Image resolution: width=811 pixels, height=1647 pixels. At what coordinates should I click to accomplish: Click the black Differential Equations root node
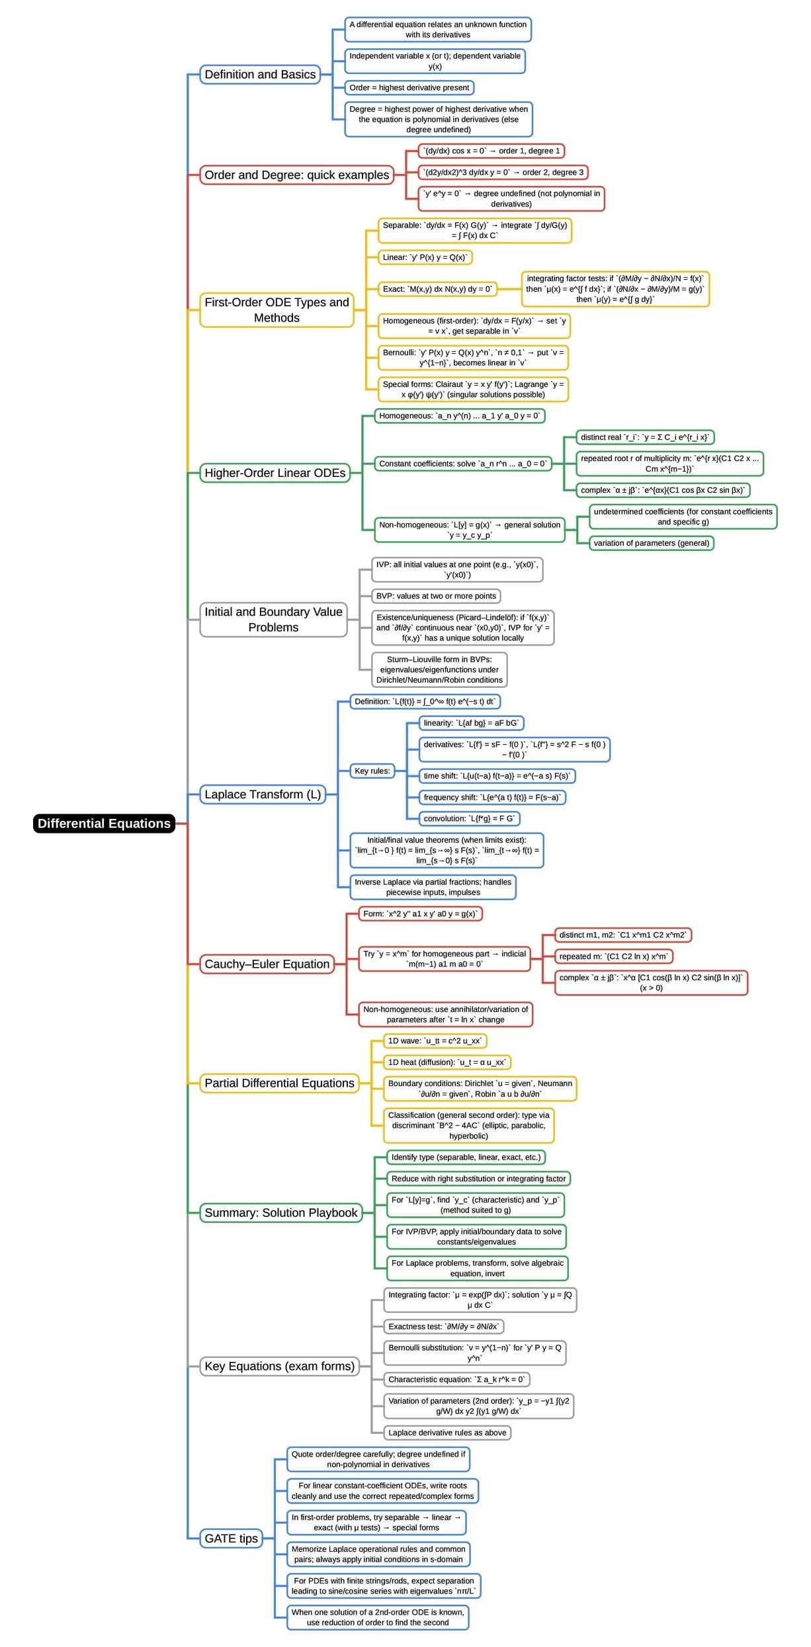[x=104, y=823]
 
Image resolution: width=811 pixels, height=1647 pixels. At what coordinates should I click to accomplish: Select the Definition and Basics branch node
[x=260, y=75]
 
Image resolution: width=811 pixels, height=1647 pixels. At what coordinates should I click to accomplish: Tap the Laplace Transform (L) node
[x=263, y=794]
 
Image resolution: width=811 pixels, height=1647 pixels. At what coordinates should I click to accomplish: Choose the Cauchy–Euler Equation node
[x=267, y=964]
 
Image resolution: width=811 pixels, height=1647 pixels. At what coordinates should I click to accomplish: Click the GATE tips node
[x=231, y=1538]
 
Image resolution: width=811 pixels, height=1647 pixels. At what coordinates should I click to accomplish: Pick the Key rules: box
[x=372, y=771]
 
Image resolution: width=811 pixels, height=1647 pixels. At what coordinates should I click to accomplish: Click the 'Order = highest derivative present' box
[x=409, y=87]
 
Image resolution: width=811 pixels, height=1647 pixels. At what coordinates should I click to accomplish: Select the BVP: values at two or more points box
[x=435, y=596]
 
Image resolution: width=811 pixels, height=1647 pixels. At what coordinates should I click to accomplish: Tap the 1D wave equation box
[x=435, y=1040]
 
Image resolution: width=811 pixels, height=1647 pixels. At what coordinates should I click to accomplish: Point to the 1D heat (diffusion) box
[x=447, y=1062]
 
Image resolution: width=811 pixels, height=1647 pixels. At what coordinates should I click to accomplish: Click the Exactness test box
[x=444, y=1326]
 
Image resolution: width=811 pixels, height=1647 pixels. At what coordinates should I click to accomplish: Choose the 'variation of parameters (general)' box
[x=651, y=543]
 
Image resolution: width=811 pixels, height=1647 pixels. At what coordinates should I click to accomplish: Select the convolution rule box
[x=469, y=818]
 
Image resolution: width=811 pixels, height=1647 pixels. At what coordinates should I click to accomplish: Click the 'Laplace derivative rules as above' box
[x=447, y=1432]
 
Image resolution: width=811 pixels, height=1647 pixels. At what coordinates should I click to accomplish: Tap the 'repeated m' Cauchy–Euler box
[x=613, y=956]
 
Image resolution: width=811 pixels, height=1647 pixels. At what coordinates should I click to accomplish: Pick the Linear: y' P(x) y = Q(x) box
[x=425, y=257]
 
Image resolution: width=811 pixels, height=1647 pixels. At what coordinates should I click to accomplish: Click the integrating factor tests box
[x=615, y=289]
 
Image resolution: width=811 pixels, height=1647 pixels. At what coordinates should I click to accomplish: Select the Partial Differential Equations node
[x=279, y=1083]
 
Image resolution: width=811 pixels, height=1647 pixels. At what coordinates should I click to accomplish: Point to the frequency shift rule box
[x=492, y=797]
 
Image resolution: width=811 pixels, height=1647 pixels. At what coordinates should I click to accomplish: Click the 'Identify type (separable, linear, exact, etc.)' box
[x=466, y=1157]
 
